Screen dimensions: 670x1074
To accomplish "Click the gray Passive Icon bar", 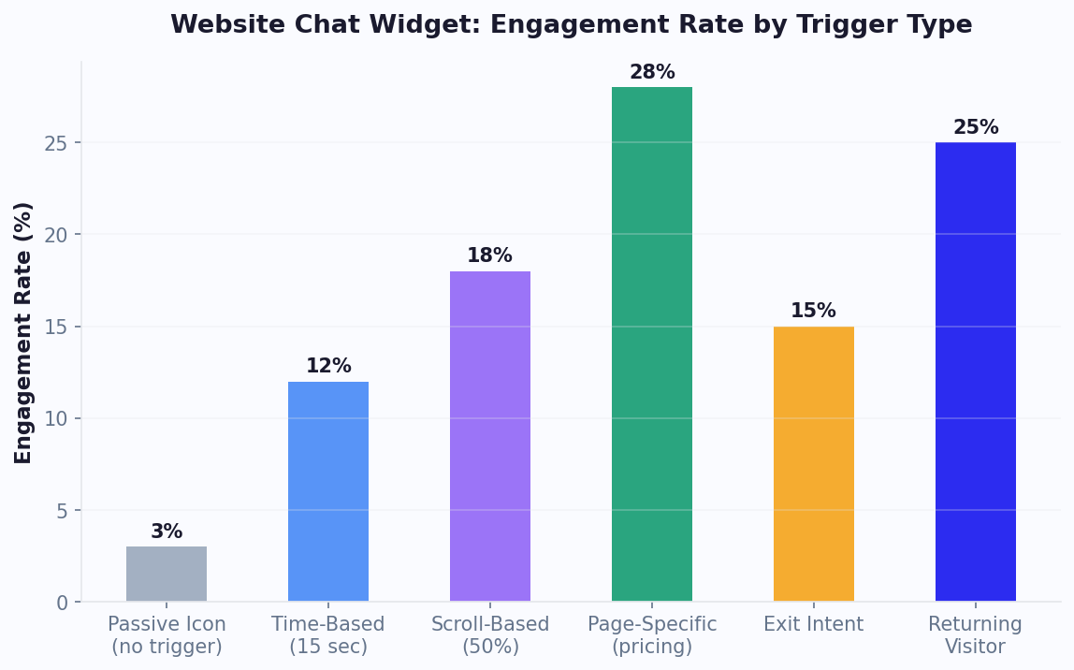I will click(167, 574).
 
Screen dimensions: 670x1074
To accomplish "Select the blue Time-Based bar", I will click(328, 491).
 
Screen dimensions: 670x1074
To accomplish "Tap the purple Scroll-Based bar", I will click(490, 436).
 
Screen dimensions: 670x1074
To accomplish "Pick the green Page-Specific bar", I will click(652, 344).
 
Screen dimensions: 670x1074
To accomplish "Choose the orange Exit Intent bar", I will click(814, 464).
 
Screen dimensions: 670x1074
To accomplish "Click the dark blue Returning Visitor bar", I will click(976, 371).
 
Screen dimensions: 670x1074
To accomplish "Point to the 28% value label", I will click(652, 73).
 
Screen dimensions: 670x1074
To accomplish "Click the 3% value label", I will click(167, 532).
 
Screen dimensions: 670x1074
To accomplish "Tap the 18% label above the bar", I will click(490, 256).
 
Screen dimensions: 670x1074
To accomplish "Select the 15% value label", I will click(814, 312).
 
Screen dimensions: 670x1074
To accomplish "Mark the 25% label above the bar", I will click(976, 128).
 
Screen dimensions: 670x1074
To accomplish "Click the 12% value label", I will click(328, 367).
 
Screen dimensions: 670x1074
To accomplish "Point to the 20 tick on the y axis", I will click(57, 235).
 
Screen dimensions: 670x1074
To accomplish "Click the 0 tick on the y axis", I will click(63, 603).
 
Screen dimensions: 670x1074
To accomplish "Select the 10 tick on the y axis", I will click(57, 419).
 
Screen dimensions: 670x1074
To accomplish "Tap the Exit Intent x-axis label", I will click(814, 625).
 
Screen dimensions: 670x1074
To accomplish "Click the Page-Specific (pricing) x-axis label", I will click(652, 635).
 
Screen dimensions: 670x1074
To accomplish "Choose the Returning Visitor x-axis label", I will click(976, 635).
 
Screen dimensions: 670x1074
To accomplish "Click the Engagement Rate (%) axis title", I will click(24, 332).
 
